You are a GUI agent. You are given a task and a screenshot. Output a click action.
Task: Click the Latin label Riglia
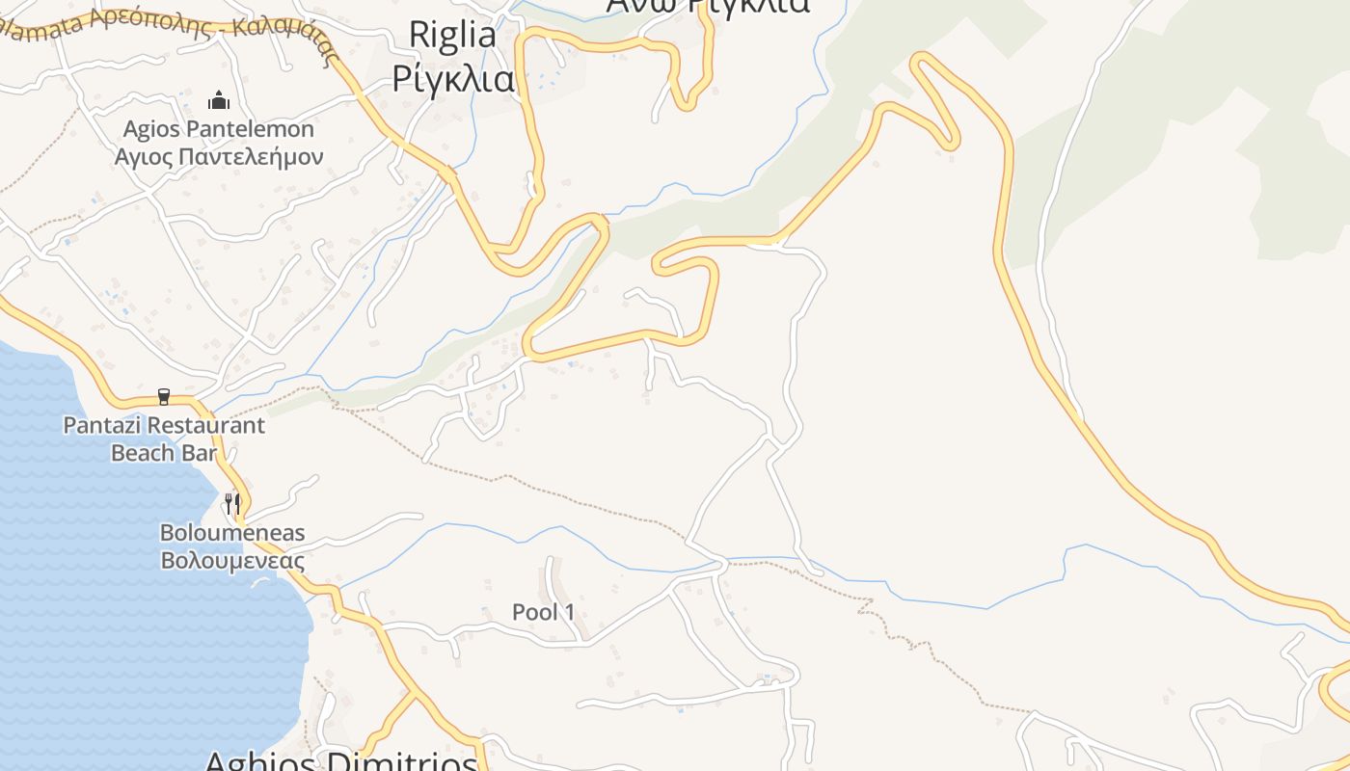click(452, 35)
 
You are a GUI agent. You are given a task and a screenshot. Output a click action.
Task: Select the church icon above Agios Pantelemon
click(219, 100)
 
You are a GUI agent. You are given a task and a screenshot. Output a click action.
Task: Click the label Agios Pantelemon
click(219, 129)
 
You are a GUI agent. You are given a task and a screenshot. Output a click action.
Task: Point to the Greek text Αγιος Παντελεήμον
click(219, 156)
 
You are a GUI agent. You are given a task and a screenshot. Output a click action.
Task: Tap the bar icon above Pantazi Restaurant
click(163, 397)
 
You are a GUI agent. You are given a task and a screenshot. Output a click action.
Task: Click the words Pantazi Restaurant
click(164, 425)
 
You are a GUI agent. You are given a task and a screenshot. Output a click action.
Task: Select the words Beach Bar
click(164, 452)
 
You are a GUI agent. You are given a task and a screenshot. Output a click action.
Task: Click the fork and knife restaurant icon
click(232, 503)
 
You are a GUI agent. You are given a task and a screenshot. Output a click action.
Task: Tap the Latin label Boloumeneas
click(232, 533)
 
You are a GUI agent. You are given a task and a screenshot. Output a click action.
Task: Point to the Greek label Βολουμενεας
click(232, 561)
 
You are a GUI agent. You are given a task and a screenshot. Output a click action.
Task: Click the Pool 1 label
click(543, 612)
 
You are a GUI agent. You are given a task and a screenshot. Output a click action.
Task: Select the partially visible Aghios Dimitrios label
click(341, 761)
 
